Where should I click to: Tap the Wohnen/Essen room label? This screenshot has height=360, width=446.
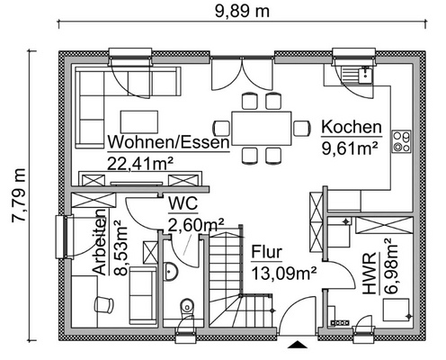(168, 142)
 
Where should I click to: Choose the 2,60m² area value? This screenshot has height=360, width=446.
(196, 224)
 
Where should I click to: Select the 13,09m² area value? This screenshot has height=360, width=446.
(281, 273)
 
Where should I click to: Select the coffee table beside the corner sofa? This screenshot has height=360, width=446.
(134, 120)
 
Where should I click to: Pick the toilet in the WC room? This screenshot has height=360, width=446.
(185, 307)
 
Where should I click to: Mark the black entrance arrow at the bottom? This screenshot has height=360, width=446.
(296, 343)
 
